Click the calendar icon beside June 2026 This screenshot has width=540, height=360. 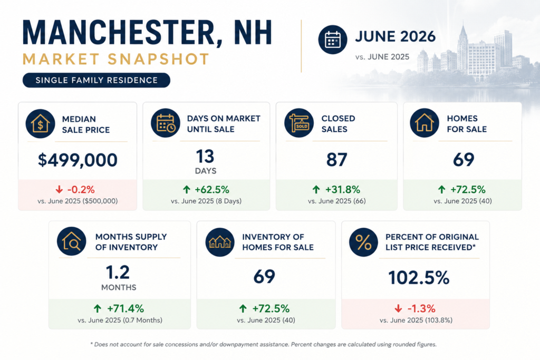332,40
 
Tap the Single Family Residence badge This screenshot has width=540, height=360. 97,80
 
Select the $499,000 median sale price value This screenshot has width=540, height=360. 78,160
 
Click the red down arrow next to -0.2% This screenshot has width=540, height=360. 59,189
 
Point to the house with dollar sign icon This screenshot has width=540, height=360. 40,124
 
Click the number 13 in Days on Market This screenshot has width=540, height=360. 205,157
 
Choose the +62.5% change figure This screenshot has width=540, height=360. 212,190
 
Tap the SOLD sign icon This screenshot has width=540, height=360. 299,123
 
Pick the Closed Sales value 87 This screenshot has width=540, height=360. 336,160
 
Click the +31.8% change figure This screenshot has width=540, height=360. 343,190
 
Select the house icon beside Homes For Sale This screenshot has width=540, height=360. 425,123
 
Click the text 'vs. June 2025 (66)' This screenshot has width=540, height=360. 337,201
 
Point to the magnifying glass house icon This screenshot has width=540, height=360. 72,241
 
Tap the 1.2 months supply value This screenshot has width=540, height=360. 118,272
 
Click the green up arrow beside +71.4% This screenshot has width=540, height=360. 98,308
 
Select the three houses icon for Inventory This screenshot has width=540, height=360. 220,242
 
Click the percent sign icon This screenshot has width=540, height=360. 363,242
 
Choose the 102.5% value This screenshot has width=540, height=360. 419,278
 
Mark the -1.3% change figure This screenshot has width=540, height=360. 421,308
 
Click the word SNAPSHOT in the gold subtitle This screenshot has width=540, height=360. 158,59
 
